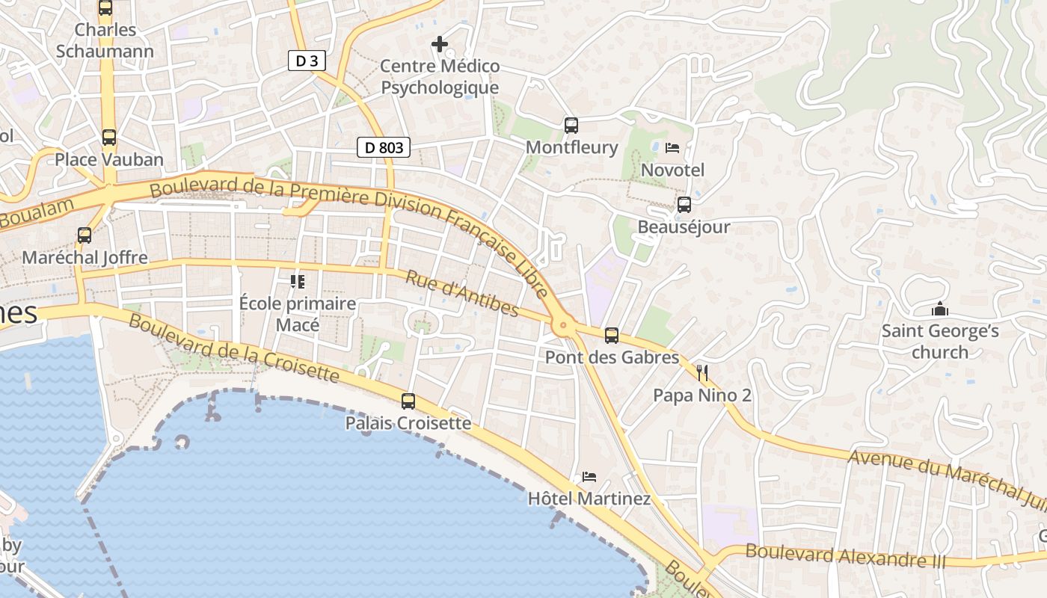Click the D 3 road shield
(307, 61)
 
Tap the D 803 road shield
(384, 147)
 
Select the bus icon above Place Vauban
(109, 138)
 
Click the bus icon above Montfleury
(571, 125)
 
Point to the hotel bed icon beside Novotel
(672, 148)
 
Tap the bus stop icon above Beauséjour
(684, 205)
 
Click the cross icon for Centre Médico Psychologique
(440, 45)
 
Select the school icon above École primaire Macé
(298, 282)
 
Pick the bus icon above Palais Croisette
(408, 401)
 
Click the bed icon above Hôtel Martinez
(589, 477)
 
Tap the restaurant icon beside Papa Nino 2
(702, 372)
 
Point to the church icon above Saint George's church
(940, 309)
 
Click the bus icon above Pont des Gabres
(612, 336)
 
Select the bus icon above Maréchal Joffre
(85, 235)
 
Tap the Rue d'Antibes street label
(461, 293)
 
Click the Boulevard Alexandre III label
(846, 556)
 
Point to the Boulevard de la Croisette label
(234, 348)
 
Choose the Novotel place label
(672, 170)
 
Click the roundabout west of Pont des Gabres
(563, 326)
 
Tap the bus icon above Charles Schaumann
(105, 8)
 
